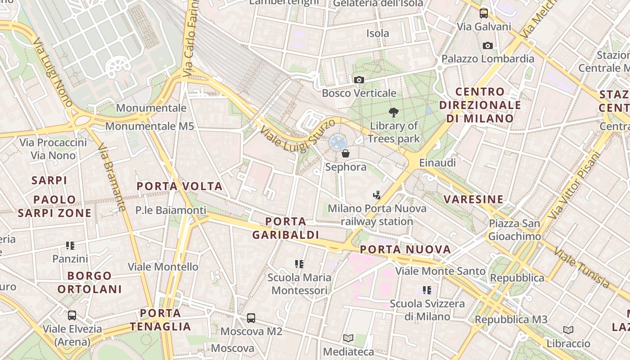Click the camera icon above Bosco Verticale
tap(359, 80)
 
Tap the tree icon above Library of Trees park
tap(394, 112)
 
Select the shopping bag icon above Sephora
tap(346, 154)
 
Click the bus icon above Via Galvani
tap(484, 13)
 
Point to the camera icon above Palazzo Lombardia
tap(487, 45)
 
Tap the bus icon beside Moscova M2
tap(251, 318)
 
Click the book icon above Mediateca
tap(348, 338)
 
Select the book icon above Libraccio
tap(568, 330)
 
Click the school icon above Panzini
tap(70, 246)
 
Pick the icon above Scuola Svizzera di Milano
tap(427, 290)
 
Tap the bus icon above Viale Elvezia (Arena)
tap(72, 315)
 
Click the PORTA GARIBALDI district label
tap(286, 228)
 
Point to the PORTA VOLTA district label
tap(180, 186)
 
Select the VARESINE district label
tap(473, 199)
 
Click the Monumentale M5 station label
tap(149, 126)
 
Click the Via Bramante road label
tap(111, 177)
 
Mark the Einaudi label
tap(437, 163)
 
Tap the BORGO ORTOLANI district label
tap(90, 282)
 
